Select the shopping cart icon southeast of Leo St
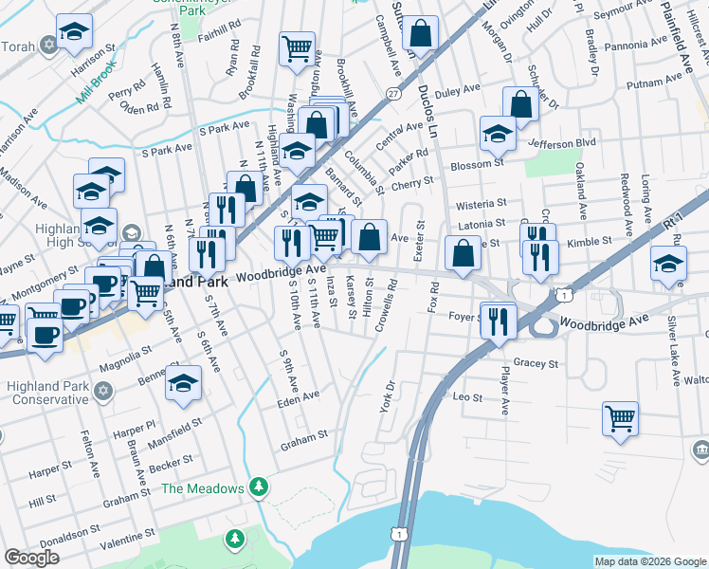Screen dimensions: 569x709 [620, 417]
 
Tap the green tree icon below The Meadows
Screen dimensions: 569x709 [235, 539]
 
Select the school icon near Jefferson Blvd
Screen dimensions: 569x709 [497, 134]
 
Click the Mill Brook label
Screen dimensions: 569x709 [97, 84]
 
